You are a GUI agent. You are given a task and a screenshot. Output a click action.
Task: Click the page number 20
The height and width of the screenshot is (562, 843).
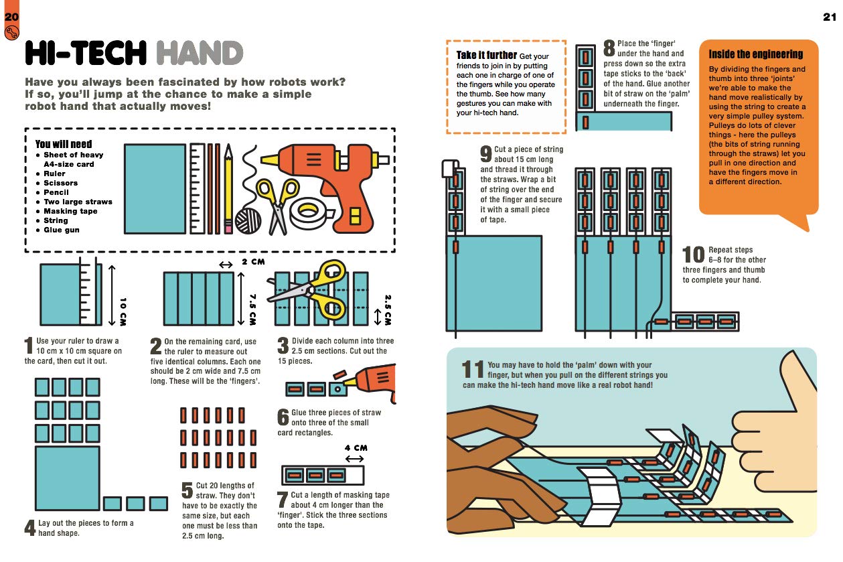[12, 16]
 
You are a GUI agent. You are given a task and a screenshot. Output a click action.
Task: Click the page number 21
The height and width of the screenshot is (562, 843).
[830, 16]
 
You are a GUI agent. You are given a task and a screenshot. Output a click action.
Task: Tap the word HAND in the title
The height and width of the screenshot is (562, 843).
[198, 54]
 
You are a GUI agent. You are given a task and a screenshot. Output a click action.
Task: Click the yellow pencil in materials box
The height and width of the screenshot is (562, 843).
[228, 188]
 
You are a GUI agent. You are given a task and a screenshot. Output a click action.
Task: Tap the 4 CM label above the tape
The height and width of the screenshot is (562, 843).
[356, 448]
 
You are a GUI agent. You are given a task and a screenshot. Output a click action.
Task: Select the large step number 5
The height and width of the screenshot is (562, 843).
[187, 490]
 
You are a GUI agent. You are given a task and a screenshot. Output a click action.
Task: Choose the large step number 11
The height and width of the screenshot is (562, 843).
[473, 370]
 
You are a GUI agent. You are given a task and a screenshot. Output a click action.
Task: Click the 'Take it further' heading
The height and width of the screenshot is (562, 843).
[487, 55]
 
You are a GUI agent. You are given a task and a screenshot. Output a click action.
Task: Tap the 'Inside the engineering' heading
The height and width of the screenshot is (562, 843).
[755, 54]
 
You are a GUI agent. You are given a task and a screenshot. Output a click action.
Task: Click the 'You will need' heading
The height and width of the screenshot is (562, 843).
[64, 144]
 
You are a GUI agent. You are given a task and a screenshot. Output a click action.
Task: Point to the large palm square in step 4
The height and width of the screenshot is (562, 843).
[67, 479]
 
